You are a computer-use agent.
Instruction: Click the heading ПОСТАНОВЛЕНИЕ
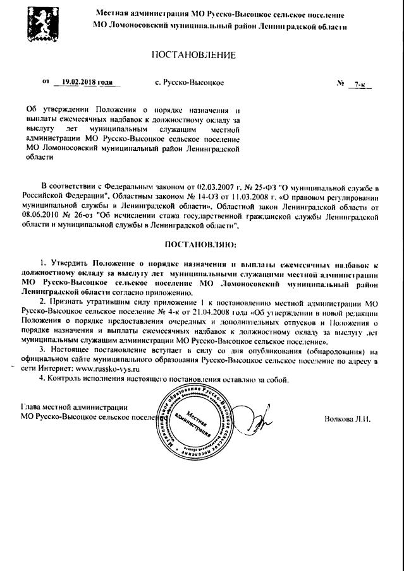193,55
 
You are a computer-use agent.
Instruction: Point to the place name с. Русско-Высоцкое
188,83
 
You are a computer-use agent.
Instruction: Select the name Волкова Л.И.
346,418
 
